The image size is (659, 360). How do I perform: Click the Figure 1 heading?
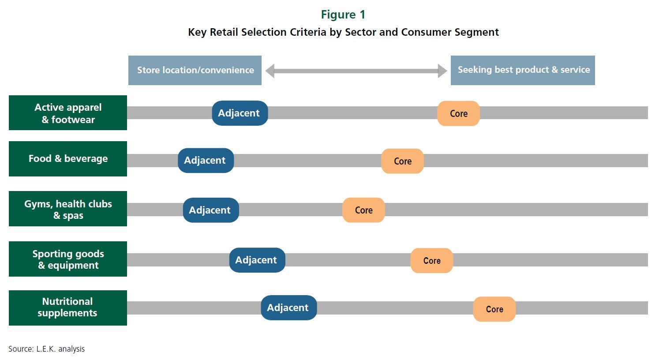(343, 15)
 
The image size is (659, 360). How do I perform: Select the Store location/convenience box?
(195, 70)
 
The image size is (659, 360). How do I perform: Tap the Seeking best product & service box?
(523, 70)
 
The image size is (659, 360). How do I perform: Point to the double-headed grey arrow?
(356, 71)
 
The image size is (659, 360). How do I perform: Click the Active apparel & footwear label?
(68, 113)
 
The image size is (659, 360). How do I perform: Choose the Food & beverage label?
(68, 159)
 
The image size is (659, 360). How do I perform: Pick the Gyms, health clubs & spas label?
(68, 209)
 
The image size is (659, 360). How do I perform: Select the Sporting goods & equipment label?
(68, 259)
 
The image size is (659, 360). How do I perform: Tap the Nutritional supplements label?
(68, 308)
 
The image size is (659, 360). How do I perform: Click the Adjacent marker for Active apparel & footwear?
(240, 113)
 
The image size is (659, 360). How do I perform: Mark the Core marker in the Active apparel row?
(458, 114)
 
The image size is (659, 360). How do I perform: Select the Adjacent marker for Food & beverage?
(206, 161)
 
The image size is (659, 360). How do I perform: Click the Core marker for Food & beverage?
(402, 161)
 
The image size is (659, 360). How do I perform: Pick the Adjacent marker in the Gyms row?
(211, 210)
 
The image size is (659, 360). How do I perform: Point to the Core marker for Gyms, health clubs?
(363, 210)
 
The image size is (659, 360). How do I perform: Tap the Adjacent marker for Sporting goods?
(257, 260)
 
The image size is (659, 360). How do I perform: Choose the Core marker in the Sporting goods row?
(431, 260)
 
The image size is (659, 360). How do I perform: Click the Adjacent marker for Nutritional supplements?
(289, 307)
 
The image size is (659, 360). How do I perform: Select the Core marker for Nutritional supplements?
(494, 309)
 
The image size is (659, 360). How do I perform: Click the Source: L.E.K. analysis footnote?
(46, 349)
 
